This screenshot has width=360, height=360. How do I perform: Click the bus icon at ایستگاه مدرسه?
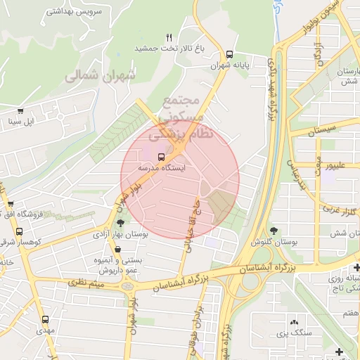pos(162,156)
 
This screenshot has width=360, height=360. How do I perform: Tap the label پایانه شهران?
pos(230,66)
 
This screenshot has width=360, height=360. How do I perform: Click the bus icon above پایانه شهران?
pos(230,54)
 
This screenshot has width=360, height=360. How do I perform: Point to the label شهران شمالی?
pos(92,77)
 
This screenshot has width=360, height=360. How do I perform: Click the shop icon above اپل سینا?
pos(21,110)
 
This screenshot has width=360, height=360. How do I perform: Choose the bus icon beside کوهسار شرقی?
pos(18,231)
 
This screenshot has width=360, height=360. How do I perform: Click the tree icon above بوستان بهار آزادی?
pos(120,223)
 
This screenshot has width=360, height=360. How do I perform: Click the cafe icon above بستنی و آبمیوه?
pos(117,249)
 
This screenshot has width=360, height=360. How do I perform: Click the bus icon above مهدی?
pos(45,319)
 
